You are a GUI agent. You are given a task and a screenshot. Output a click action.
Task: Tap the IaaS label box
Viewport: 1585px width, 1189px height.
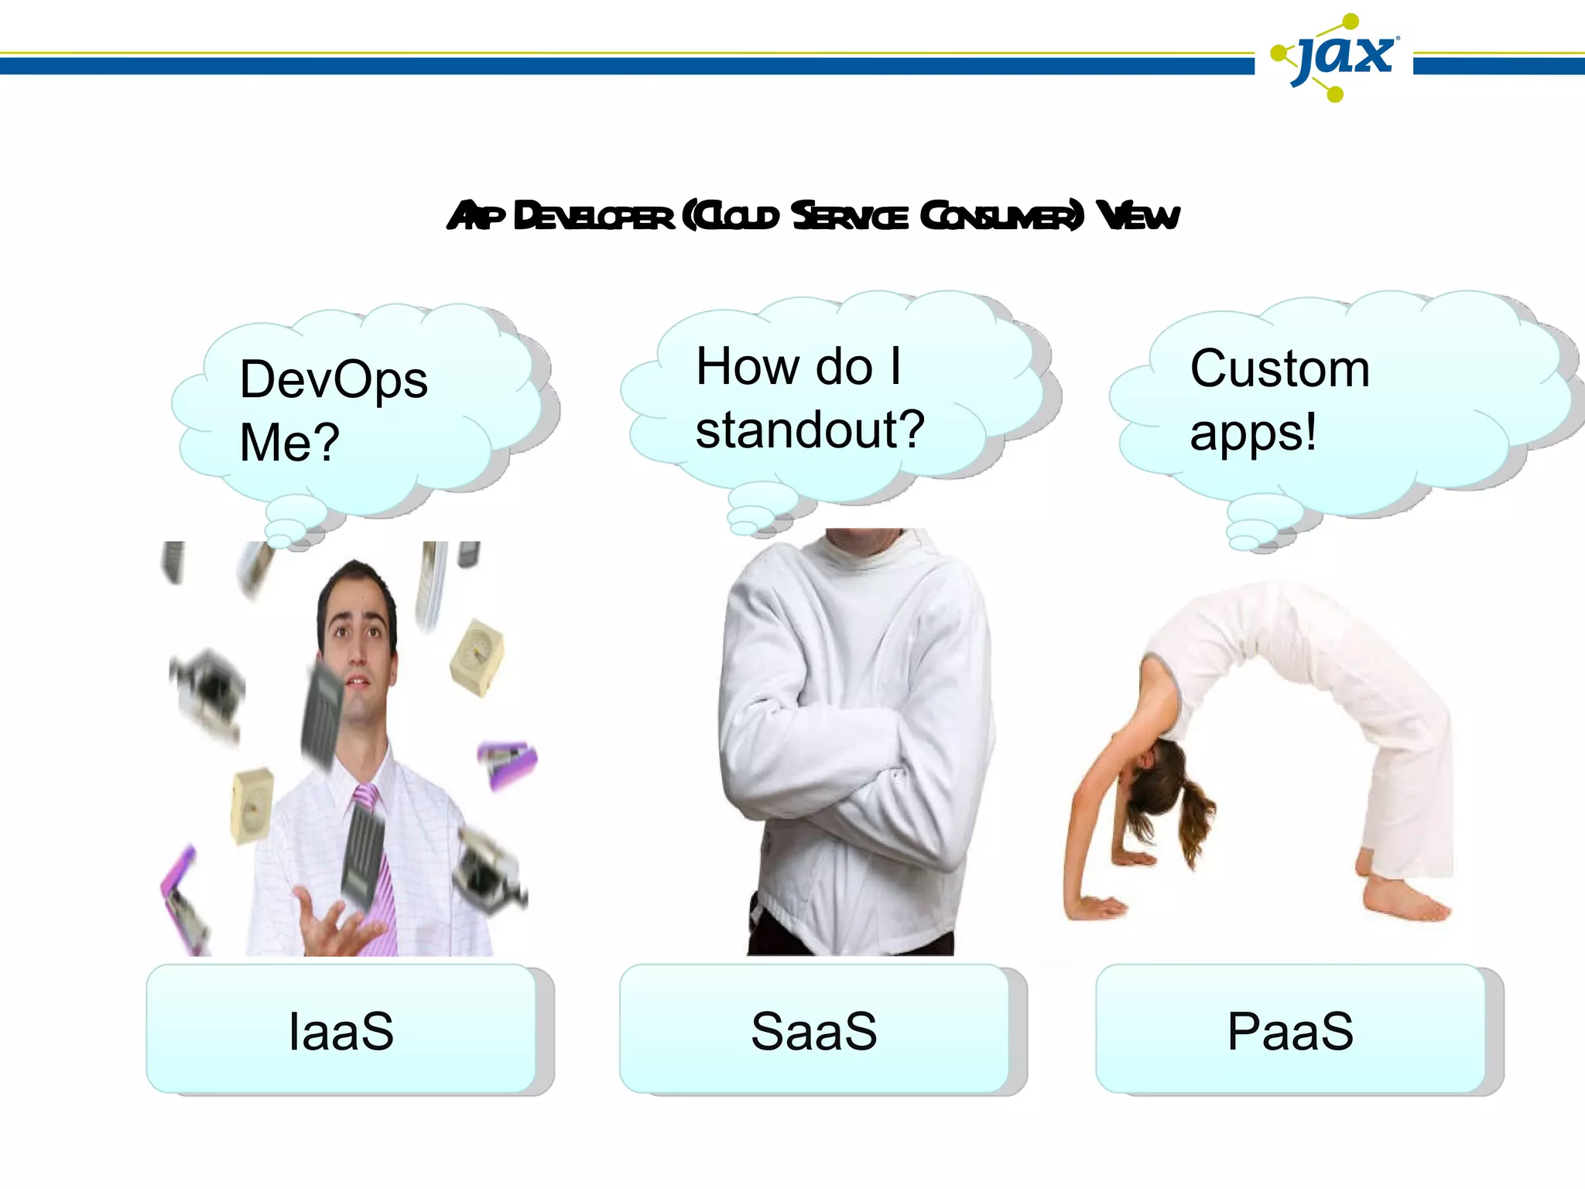pyautogui.click(x=341, y=1030)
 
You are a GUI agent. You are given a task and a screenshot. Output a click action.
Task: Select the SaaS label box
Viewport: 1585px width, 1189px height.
pyautogui.click(x=814, y=1030)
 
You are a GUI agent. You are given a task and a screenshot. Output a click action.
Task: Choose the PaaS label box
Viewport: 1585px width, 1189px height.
pyautogui.click(x=1290, y=1030)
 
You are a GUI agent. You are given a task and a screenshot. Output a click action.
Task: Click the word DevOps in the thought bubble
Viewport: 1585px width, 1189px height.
pyautogui.click(x=334, y=380)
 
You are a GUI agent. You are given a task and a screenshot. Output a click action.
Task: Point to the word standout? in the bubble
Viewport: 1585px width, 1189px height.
pyautogui.click(x=810, y=430)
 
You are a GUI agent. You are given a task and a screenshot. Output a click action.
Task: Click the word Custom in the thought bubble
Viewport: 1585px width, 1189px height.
pyautogui.click(x=1279, y=368)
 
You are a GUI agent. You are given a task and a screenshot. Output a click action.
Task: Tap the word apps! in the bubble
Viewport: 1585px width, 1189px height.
pyautogui.click(x=1253, y=433)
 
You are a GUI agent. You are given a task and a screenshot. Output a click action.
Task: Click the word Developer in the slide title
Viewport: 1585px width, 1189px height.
pyautogui.click(x=594, y=216)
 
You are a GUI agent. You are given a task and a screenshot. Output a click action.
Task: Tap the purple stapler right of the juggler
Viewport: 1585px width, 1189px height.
pyautogui.click(x=507, y=762)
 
